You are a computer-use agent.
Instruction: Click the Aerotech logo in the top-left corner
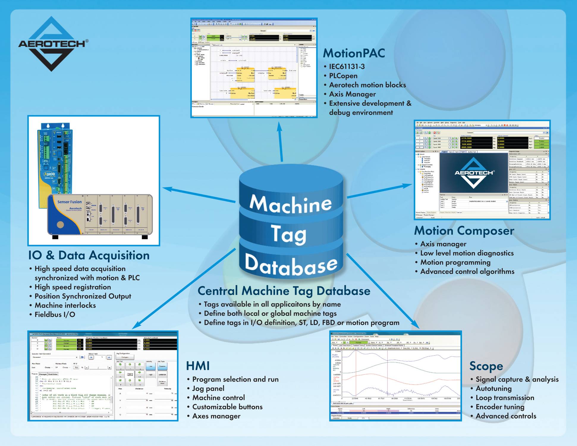coord(52,44)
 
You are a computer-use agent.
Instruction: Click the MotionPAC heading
coord(354,53)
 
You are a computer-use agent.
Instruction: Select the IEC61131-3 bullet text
coord(347,67)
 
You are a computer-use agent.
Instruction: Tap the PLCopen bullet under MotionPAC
coord(343,76)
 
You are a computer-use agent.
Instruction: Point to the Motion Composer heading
coord(464,231)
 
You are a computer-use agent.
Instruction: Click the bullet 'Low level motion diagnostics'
coord(467,253)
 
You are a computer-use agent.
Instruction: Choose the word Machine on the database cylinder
coord(290,204)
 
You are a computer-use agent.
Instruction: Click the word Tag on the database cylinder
coord(288,234)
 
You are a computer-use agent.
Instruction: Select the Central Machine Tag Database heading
coord(284,291)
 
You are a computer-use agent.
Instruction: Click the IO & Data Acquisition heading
coord(89,255)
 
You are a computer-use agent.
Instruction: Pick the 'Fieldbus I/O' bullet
coord(55,315)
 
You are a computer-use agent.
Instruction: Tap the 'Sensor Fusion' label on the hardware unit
coord(69,202)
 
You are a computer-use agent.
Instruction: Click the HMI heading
coord(198,366)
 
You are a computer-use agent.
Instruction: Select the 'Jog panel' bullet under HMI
coord(208,389)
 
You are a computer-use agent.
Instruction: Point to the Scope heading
coord(486,366)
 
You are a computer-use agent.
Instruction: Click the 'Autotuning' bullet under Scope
coord(493,389)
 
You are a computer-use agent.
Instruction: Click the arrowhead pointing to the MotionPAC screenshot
coord(279,126)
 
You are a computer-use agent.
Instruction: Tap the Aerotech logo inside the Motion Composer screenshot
coord(474,173)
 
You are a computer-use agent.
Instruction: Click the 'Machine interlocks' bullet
coord(65,305)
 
